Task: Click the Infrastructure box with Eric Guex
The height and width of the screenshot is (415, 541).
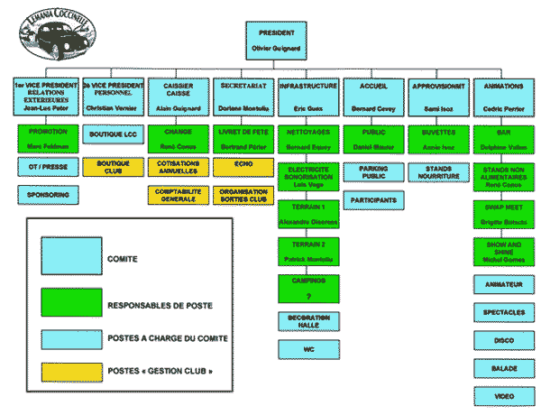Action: click(307, 97)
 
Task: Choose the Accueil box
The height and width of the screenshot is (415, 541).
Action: click(373, 97)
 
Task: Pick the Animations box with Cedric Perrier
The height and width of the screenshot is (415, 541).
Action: click(503, 97)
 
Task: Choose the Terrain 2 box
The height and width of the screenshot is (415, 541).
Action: click(307, 251)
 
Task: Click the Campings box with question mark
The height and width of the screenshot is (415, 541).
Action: click(307, 287)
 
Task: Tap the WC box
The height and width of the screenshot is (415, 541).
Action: click(307, 348)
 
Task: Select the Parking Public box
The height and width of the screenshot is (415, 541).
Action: click(373, 171)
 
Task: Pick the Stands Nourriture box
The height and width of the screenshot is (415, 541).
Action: click(438, 171)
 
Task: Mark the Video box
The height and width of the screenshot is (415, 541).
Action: click(503, 395)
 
